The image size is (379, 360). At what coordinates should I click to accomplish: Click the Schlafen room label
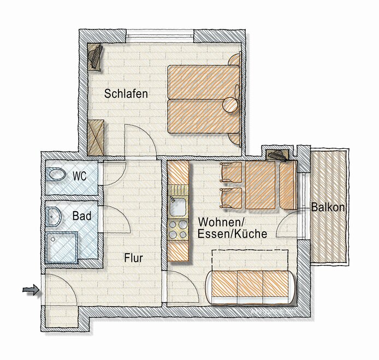pyautogui.click(x=126, y=94)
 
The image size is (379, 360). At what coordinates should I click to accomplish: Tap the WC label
pyautogui.click(x=80, y=176)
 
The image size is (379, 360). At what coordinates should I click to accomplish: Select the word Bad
pyautogui.click(x=82, y=216)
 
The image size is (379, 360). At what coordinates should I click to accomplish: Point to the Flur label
pyautogui.click(x=133, y=258)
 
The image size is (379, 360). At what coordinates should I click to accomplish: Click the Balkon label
pyautogui.click(x=328, y=207)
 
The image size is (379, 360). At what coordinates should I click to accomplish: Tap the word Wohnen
pyautogui.click(x=220, y=221)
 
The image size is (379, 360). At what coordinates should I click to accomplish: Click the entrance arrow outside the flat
pyautogui.click(x=31, y=290)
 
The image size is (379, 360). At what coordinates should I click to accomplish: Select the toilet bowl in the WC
pyautogui.click(x=57, y=174)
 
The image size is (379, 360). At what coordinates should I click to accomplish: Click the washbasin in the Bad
pyautogui.click(x=54, y=217)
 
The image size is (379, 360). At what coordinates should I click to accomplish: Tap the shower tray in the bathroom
pyautogui.click(x=62, y=247)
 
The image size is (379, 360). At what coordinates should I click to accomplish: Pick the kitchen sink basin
pyautogui.click(x=178, y=207)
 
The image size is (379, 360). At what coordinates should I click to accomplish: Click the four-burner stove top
pyautogui.click(x=178, y=230)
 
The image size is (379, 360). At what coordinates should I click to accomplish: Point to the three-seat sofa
pyautogui.click(x=250, y=287)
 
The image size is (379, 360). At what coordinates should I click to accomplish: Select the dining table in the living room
pyautogui.click(x=260, y=185)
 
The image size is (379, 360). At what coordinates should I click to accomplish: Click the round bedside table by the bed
pyautogui.click(x=230, y=105)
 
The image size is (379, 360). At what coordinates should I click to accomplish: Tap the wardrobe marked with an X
pyautogui.click(x=96, y=137)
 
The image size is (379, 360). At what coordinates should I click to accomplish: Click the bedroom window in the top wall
pyautogui.click(x=159, y=36)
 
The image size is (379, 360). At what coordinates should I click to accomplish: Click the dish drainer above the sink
pyautogui.click(x=178, y=190)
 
